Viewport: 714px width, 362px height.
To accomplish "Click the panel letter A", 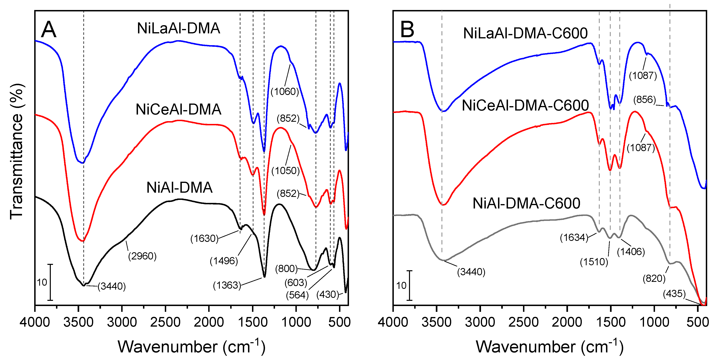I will click(49, 30).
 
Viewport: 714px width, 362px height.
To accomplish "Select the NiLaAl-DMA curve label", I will click(178, 28).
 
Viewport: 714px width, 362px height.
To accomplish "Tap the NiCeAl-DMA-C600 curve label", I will click(525, 105).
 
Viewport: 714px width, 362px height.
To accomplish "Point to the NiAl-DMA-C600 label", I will click(526, 203).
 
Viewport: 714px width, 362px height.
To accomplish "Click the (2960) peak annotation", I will click(142, 256).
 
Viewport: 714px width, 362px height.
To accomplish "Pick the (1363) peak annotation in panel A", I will click(227, 285).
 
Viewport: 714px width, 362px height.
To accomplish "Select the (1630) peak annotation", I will click(204, 238).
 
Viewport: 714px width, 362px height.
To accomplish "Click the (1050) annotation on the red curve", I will click(285, 171).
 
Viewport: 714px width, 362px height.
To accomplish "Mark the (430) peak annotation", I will click(328, 294).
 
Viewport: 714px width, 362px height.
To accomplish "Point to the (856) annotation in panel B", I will click(644, 100).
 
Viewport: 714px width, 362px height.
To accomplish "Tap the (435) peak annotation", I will click(674, 294).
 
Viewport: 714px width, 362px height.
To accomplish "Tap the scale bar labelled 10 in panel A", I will click(50, 282).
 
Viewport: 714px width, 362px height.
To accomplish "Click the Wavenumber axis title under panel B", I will click(549, 346).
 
